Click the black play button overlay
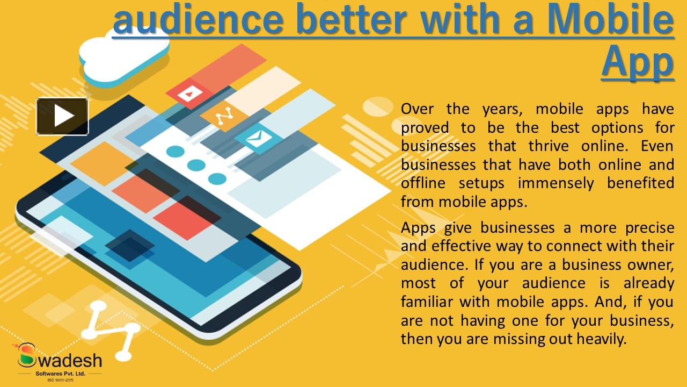tap(62, 116)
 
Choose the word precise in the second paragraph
tap(649, 227)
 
